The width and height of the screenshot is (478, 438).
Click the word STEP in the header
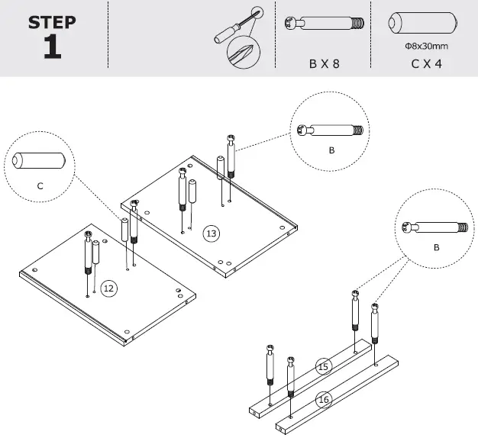(52, 22)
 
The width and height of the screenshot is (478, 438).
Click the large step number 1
(52, 47)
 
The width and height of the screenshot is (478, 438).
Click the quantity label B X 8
(324, 64)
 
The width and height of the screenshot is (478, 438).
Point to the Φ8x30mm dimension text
(426, 47)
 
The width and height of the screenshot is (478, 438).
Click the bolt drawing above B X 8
(324, 24)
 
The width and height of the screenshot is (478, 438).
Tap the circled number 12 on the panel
(108, 288)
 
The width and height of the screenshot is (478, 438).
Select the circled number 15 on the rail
(324, 367)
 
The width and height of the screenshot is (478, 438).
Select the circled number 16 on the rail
(324, 399)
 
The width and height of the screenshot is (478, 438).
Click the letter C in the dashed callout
(40, 185)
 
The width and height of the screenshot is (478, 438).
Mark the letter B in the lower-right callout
(436, 248)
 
